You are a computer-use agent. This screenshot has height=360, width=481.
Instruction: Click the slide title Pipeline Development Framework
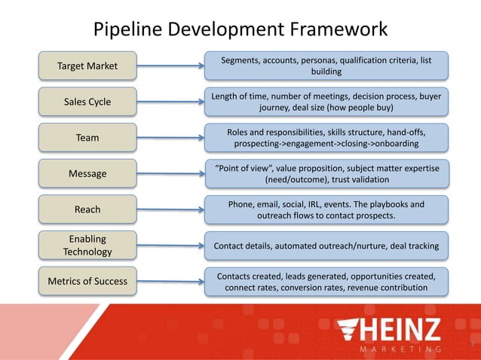(240, 29)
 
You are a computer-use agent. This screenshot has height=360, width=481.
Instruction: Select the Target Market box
(87, 66)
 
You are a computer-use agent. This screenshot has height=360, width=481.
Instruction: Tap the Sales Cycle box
(87, 102)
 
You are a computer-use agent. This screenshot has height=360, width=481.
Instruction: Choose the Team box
(87, 138)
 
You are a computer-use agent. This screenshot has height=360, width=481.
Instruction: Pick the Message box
(87, 174)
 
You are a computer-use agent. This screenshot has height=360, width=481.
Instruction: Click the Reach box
(87, 209)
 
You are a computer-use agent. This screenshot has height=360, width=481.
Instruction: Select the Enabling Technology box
(87, 246)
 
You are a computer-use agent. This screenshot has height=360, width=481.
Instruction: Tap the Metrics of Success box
(87, 281)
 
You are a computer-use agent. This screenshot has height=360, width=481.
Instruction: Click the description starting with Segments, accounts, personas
(326, 66)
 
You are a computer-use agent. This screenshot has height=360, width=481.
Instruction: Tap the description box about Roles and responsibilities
(326, 138)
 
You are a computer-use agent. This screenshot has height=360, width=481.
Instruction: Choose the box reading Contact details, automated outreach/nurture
(326, 246)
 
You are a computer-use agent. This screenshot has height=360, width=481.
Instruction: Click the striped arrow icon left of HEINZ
(354, 331)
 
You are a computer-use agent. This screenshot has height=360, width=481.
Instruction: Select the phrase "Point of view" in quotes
(240, 167)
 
